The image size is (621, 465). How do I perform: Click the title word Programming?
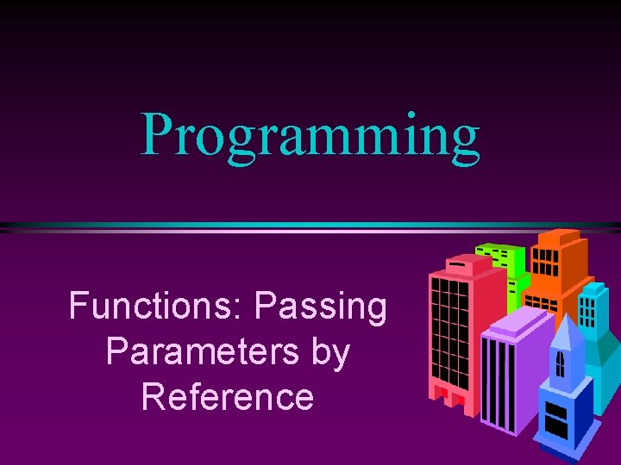tap(310, 136)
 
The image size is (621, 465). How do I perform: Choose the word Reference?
tap(228, 397)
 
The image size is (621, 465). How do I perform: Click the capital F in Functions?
tap(79, 306)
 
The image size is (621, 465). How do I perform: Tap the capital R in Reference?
tap(153, 397)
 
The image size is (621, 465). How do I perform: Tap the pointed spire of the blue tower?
tap(566, 327)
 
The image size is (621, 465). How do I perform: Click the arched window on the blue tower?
tap(561, 364)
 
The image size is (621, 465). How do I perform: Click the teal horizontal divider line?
tap(310, 226)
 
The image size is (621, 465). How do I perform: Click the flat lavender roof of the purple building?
tap(517, 325)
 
